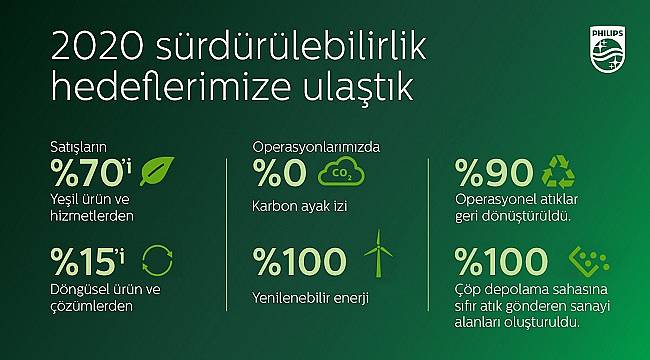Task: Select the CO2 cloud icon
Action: [338, 173]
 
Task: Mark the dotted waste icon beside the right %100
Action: [586, 261]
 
